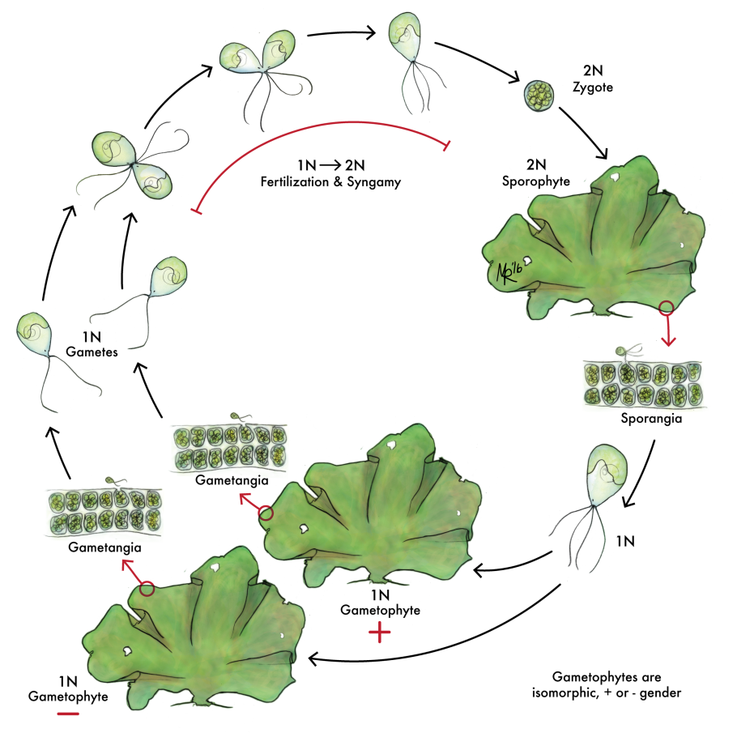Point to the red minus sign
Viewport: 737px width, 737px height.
click(x=68, y=714)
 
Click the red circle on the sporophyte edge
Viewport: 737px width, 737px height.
click(x=667, y=307)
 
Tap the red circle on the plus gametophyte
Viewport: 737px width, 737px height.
click(x=267, y=513)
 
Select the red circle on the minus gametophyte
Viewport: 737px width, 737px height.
click(x=147, y=589)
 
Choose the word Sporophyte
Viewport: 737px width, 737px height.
click(x=535, y=181)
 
